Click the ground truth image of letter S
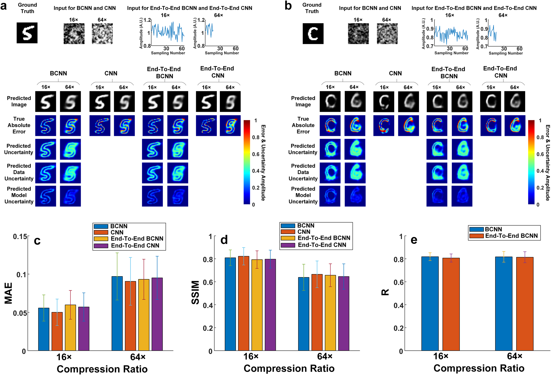[27, 33]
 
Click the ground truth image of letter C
[313, 34]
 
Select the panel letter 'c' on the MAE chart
[37, 241]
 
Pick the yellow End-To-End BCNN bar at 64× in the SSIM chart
[330, 313]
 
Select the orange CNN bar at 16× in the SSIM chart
[244, 303]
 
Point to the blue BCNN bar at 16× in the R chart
[430, 304]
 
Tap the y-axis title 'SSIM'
[195, 292]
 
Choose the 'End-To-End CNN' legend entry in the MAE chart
[135, 245]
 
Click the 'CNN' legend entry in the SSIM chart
[304, 232]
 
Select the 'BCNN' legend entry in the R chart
[493, 229]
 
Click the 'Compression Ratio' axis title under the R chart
[479, 368]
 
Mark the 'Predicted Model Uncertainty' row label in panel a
[19, 195]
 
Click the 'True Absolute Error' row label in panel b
[303, 125]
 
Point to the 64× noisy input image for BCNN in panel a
[102, 34]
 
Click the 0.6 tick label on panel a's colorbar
[256, 154]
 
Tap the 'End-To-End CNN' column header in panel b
[500, 72]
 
